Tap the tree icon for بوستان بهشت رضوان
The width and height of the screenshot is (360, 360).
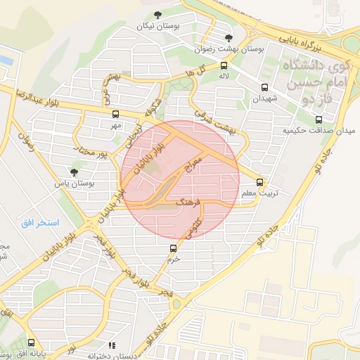(227, 38)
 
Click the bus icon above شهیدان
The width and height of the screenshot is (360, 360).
(264, 88)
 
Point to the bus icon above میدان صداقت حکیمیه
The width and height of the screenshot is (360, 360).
(319, 120)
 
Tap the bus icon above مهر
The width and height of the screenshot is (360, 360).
(115, 114)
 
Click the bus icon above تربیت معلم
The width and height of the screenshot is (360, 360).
(262, 181)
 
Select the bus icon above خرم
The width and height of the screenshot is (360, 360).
(174, 248)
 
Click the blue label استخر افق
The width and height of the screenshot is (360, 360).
(39, 223)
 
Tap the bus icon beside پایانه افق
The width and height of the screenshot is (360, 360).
(31, 343)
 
